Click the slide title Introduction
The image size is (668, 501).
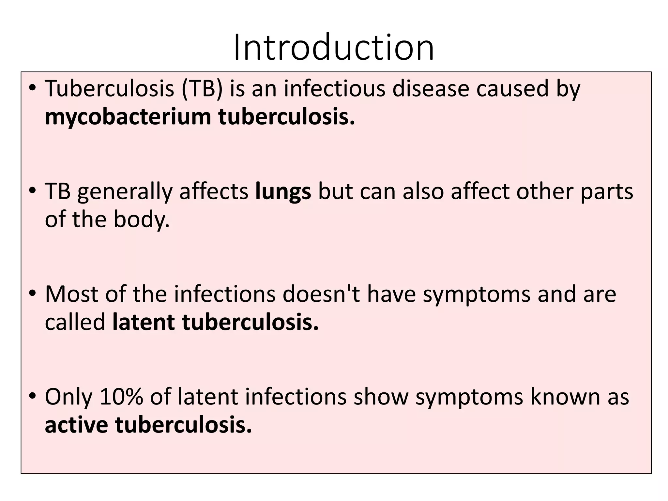click(x=334, y=48)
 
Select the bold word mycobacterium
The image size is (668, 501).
click(x=128, y=116)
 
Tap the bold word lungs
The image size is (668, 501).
click(x=283, y=191)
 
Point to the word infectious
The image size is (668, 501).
click(x=334, y=88)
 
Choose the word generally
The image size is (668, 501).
click(x=125, y=191)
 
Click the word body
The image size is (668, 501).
click(x=141, y=220)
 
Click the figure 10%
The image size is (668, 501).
click(x=121, y=397)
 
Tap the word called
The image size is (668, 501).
click(x=75, y=322)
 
